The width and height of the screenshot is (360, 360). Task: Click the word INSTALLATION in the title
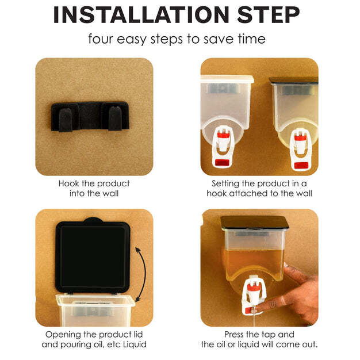141,15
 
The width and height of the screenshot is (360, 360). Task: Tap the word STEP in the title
269,15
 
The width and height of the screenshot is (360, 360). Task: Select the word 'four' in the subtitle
101,39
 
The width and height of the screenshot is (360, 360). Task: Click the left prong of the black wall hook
66,120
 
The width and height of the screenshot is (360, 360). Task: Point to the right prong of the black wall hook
115,118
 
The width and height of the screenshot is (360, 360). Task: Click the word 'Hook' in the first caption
69,183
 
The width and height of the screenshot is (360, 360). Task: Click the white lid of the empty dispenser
227,79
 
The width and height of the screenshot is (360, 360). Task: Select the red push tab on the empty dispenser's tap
222,162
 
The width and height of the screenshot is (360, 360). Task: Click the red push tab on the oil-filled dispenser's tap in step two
301,165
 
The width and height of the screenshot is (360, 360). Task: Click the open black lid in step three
93,255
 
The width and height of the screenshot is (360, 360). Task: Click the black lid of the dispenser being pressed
254,222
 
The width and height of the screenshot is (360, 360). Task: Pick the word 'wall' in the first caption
110,193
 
